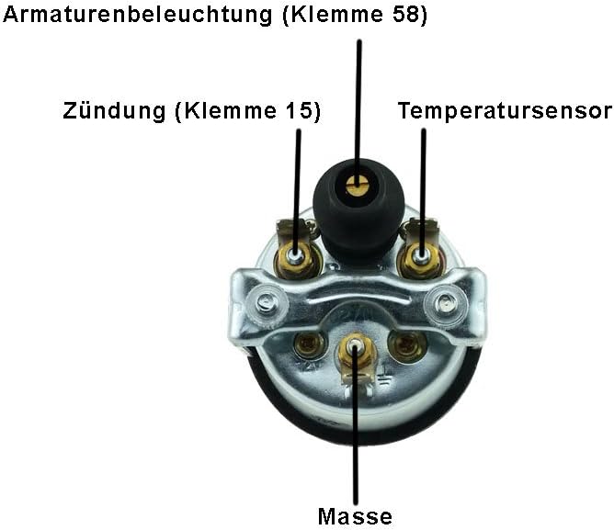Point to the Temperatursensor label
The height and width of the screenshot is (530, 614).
point(505,112)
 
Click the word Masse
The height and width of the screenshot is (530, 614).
point(355,516)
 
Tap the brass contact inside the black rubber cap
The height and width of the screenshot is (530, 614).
point(356,186)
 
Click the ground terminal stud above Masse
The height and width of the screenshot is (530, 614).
point(355,350)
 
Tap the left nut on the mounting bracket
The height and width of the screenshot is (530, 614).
point(266,299)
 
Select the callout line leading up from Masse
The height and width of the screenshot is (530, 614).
point(355,441)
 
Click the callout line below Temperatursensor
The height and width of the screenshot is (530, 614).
point(423,184)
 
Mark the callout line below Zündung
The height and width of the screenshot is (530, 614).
point(297,184)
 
